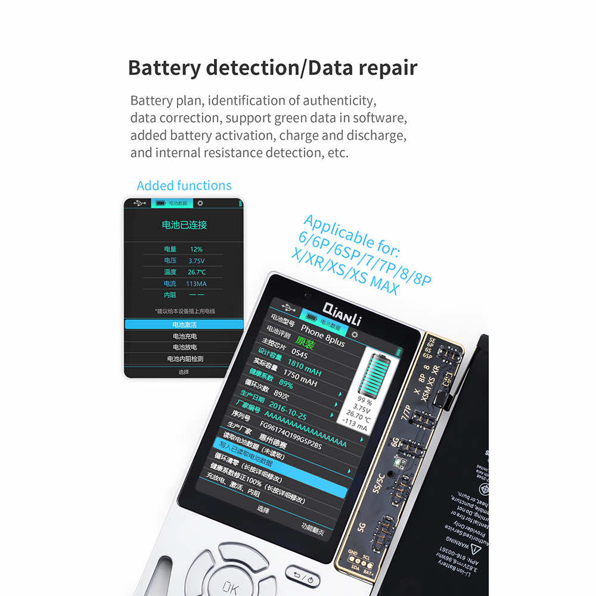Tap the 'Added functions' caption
click(x=184, y=185)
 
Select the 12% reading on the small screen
click(x=196, y=249)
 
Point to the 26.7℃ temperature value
click(x=197, y=272)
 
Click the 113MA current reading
click(x=196, y=284)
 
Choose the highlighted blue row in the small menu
click(x=184, y=324)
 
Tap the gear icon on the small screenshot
click(x=200, y=203)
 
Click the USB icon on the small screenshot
click(x=139, y=203)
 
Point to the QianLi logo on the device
click(x=342, y=312)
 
